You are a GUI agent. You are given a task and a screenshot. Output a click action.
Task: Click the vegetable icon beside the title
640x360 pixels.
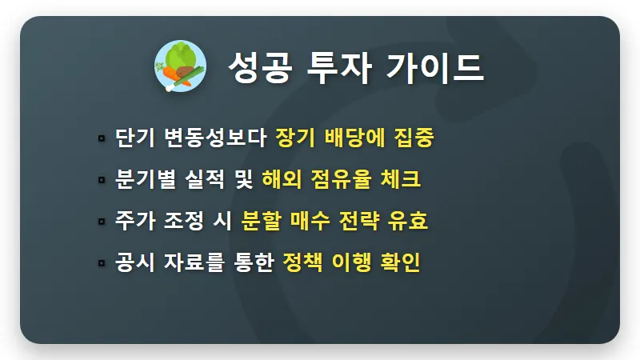click(179, 66)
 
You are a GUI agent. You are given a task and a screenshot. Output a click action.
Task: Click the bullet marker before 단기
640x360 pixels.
click(102, 138)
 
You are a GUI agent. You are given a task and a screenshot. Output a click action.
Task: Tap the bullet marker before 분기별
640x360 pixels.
click(102, 179)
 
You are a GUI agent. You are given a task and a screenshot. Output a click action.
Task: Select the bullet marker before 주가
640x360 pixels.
click(102, 221)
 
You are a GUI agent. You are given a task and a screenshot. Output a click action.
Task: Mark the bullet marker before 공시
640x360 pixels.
click(102, 262)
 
